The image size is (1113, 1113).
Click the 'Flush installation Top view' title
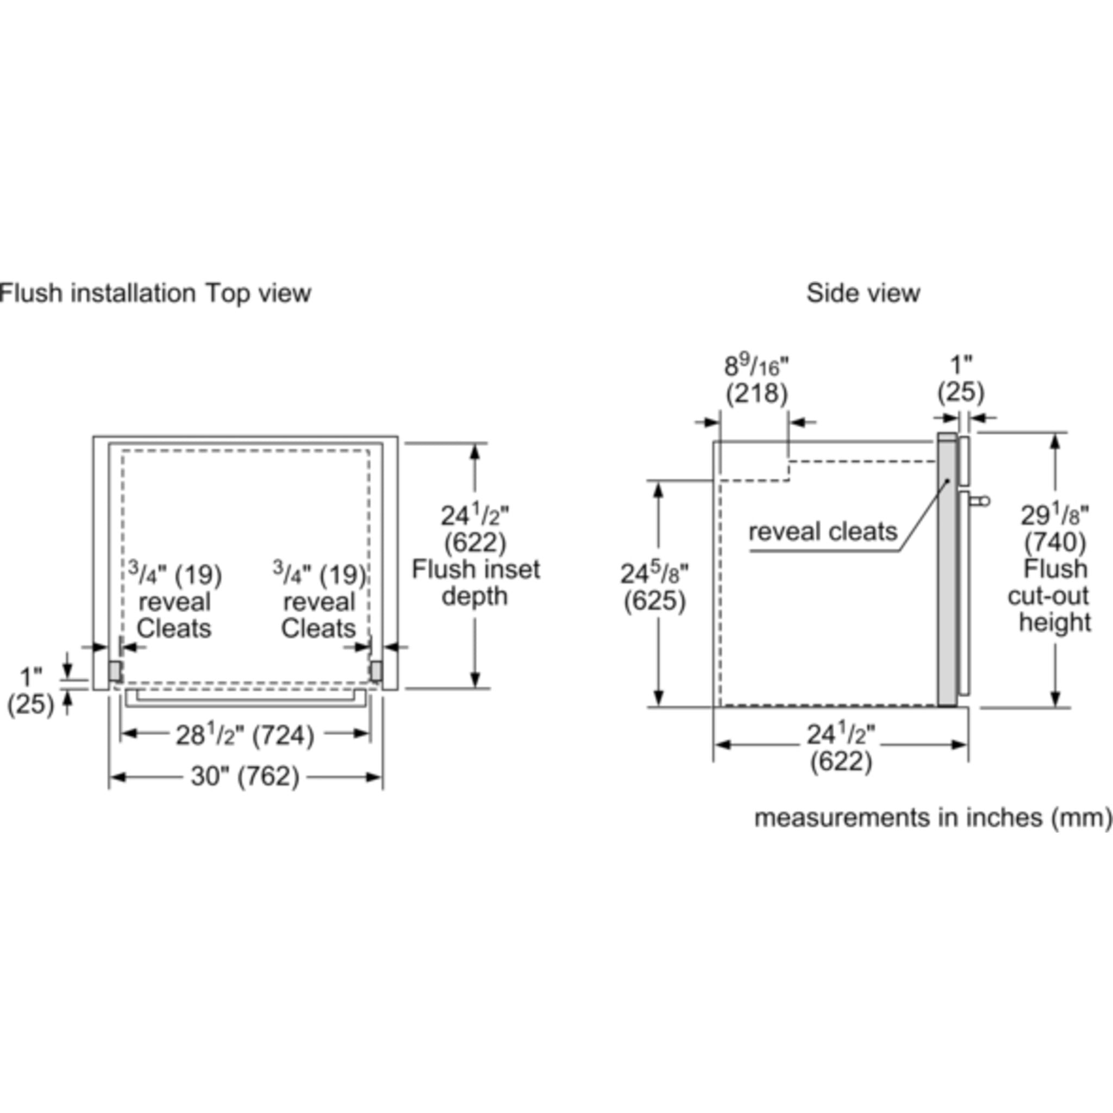click(x=155, y=293)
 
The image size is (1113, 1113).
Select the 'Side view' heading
click(x=862, y=293)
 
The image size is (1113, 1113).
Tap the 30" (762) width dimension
click(x=245, y=777)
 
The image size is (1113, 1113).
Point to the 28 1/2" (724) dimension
click(x=245, y=735)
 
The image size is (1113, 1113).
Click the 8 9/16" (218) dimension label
click(x=756, y=380)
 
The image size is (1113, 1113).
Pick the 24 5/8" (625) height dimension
click(x=654, y=587)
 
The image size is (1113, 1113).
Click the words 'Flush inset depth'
click(x=476, y=583)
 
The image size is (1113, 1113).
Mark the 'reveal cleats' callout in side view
click(x=823, y=531)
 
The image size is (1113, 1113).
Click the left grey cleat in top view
click(x=115, y=671)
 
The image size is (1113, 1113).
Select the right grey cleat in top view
click(x=376, y=671)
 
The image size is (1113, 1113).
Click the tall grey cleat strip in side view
click(x=947, y=570)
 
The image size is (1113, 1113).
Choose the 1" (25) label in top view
click(x=30, y=690)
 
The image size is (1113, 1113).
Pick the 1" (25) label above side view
click(x=960, y=379)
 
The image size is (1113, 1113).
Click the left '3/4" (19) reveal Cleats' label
click(x=174, y=602)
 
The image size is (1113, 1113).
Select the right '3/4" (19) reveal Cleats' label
click(x=319, y=602)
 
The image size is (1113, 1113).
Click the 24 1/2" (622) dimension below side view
click(x=841, y=748)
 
